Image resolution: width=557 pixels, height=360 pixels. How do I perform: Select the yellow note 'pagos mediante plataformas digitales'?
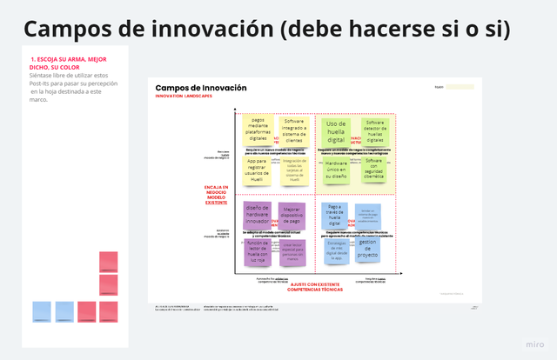[258, 129]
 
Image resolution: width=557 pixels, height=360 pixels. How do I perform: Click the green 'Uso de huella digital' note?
[335, 131]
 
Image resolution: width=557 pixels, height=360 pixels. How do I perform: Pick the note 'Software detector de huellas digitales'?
[374, 130]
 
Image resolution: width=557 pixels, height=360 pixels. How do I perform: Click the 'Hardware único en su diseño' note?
[336, 169]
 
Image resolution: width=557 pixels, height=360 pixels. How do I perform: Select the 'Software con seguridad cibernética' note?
[374, 168]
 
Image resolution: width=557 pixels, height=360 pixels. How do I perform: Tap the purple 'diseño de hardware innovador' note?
[258, 214]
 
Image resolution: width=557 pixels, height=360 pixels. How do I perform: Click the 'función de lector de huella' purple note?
[257, 251]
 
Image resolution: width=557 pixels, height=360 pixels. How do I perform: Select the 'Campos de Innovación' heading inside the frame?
[200, 89]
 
